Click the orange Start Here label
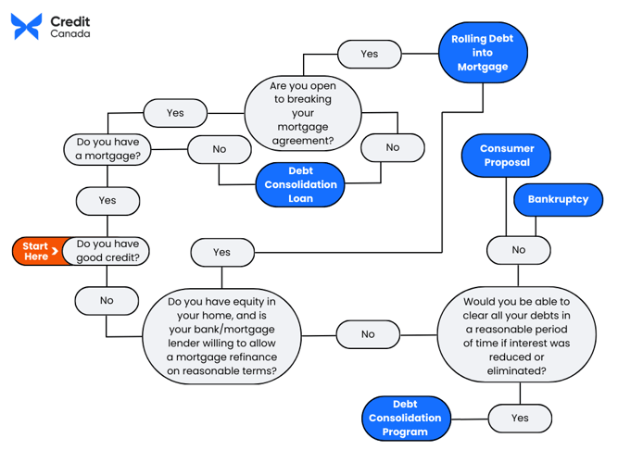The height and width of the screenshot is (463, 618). click(x=37, y=251)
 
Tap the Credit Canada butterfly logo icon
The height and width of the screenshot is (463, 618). click(x=26, y=26)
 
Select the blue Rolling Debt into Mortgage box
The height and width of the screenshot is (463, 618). click(x=482, y=53)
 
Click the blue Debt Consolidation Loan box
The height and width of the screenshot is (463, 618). click(x=300, y=184)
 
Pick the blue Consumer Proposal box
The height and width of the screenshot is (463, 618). click(x=507, y=156)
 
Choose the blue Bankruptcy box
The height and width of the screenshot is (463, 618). click(x=558, y=199)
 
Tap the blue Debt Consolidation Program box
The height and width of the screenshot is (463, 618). click(x=405, y=419)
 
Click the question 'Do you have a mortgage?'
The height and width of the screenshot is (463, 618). click(x=108, y=149)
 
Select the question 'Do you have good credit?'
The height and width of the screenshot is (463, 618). click(x=108, y=251)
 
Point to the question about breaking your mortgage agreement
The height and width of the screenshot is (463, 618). click(x=301, y=111)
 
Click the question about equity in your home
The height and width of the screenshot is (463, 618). click(x=221, y=336)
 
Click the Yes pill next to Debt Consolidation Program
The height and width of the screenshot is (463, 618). click(x=520, y=418)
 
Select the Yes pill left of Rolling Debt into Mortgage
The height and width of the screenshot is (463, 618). click(x=369, y=54)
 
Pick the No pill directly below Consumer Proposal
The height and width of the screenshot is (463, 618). click(x=518, y=249)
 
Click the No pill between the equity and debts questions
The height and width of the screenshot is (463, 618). click(x=368, y=334)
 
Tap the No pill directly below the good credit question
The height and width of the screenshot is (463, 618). click(x=107, y=300)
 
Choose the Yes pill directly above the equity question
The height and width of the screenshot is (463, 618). click(x=221, y=251)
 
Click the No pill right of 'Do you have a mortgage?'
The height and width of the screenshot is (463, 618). click(x=219, y=148)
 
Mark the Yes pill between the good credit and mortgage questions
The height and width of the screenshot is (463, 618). click(x=107, y=200)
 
